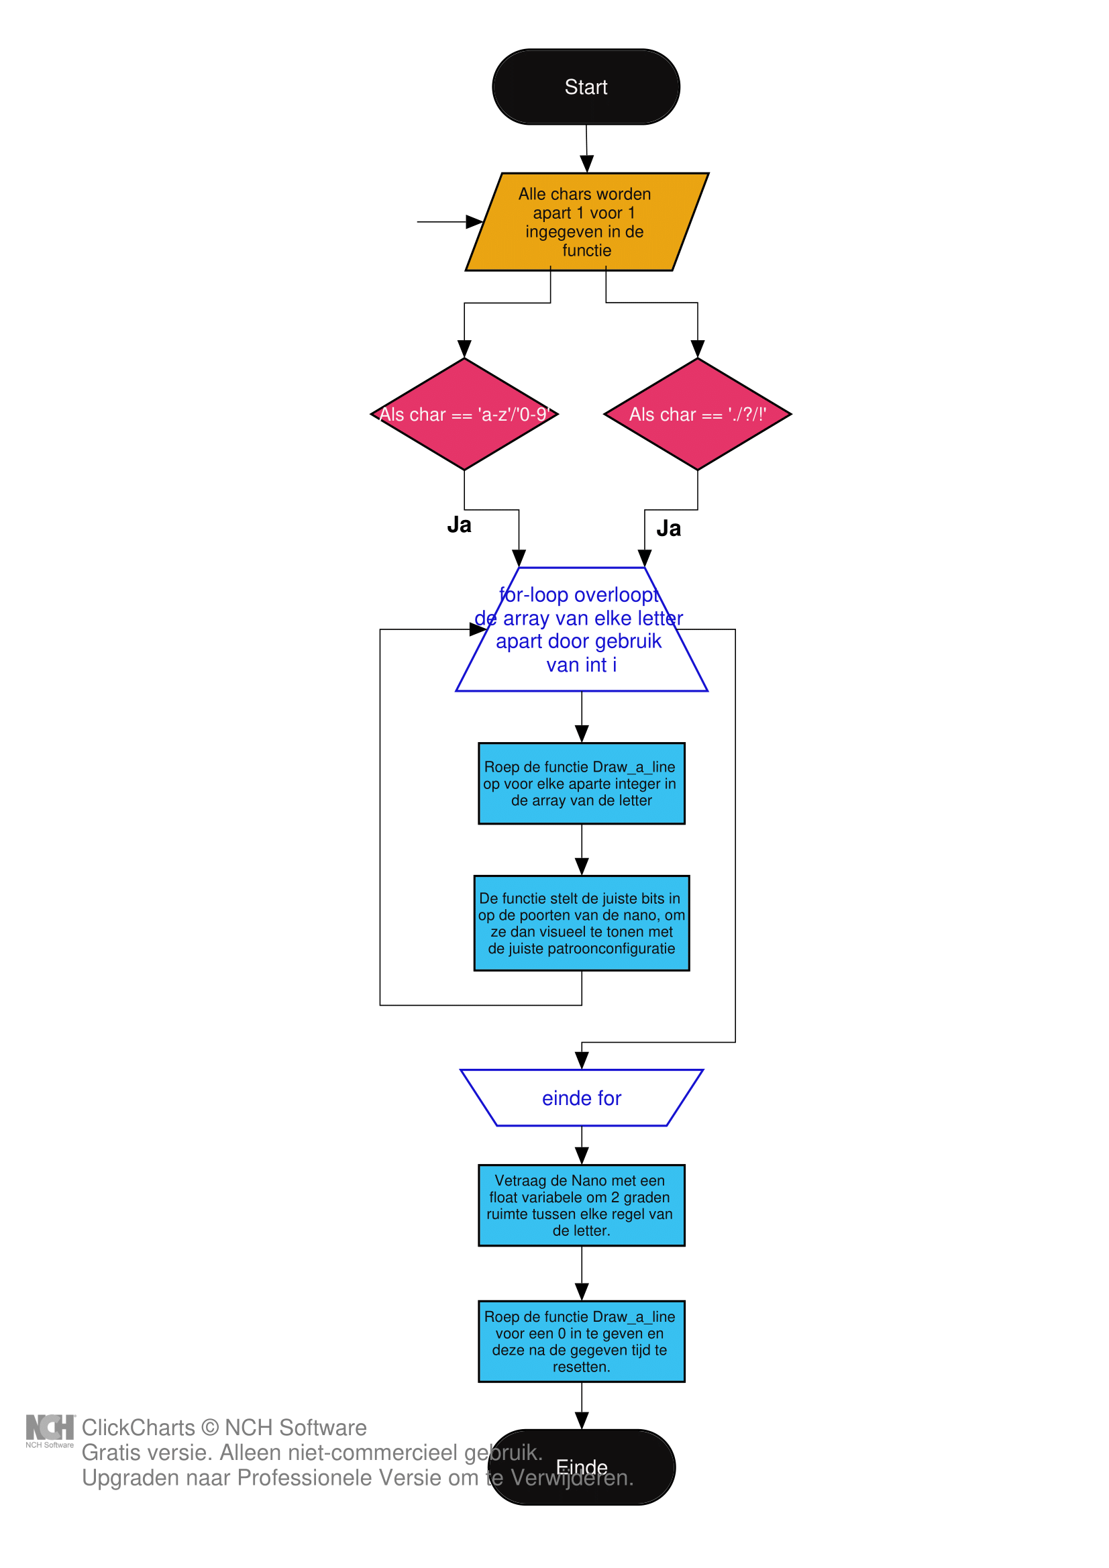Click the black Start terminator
pyautogui.click(x=586, y=87)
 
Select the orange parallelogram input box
pyautogui.click(x=586, y=222)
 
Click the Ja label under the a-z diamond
pyautogui.click(x=459, y=525)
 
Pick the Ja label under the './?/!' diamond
pyautogui.click(x=668, y=529)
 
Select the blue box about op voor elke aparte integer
pyautogui.click(x=581, y=783)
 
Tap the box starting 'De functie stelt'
pyautogui.click(x=581, y=923)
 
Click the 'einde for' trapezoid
pyautogui.click(x=581, y=1098)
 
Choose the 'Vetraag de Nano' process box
pyautogui.click(x=581, y=1206)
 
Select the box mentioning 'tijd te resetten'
pyautogui.click(x=581, y=1341)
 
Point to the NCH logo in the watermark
pyautogui.click(x=50, y=1427)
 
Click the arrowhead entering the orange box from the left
pyautogui.click(x=474, y=222)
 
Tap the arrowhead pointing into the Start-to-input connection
pyautogui.click(x=586, y=164)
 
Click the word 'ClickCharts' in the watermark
pyautogui.click(x=139, y=1427)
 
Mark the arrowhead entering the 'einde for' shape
pyautogui.click(x=582, y=1061)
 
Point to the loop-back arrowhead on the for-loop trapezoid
pyautogui.click(x=478, y=629)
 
